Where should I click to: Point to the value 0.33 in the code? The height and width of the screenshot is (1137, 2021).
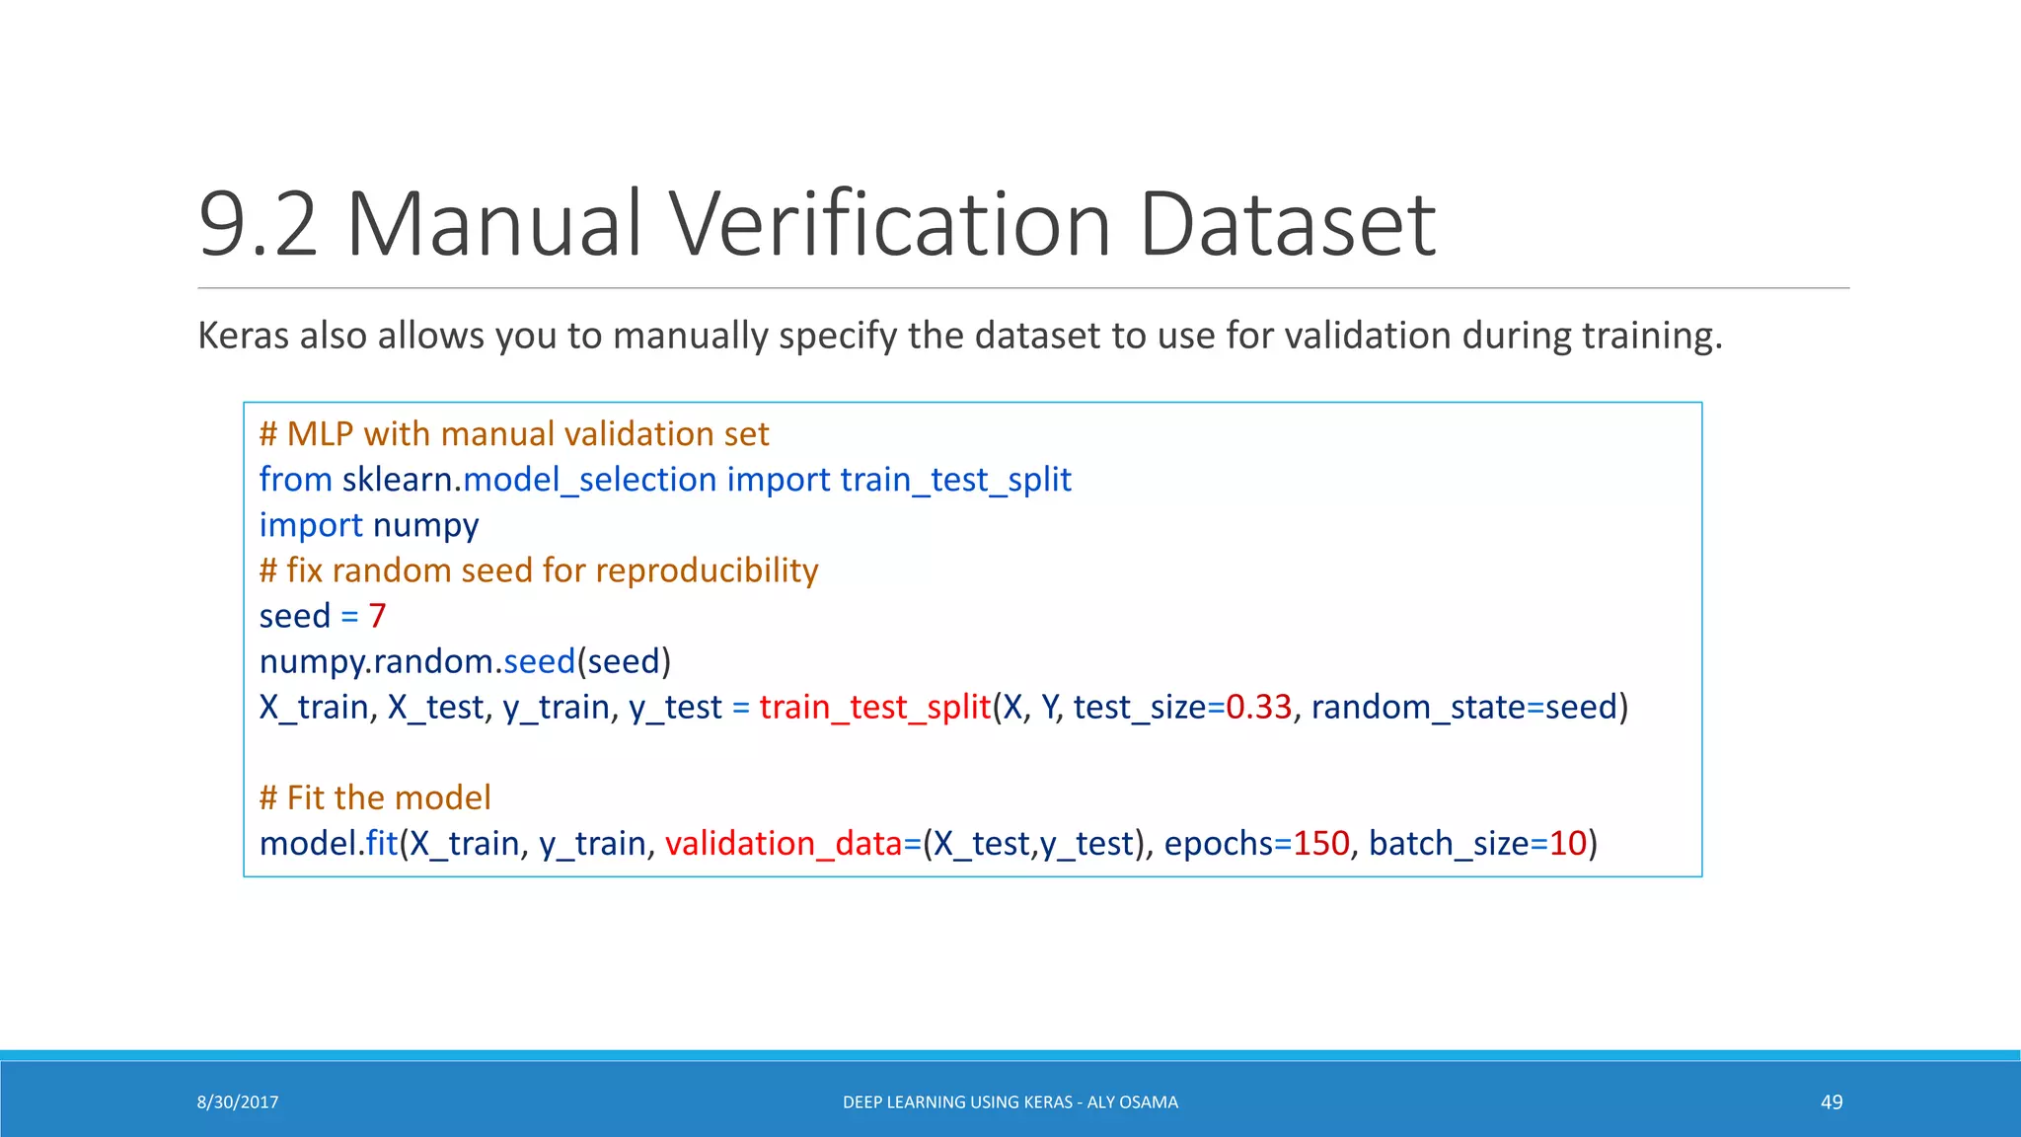1258,707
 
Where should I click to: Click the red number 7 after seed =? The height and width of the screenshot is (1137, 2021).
377,616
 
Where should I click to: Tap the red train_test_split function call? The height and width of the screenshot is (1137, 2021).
874,707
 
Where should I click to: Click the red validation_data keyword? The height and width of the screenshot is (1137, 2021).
784,844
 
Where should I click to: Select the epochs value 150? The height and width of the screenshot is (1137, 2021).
1320,844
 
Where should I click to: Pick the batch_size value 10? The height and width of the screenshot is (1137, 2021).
1567,844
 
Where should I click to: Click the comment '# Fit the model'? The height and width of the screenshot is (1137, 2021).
375,797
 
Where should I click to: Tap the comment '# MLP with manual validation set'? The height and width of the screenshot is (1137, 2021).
513,434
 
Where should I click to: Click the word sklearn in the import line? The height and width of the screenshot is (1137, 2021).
397,480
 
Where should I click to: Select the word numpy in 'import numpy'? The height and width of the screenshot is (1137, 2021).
425,525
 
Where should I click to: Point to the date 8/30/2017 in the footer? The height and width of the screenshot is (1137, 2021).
238,1102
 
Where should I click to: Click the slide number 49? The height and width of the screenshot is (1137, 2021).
1832,1102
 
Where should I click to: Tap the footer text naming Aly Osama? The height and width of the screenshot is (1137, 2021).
1010,1102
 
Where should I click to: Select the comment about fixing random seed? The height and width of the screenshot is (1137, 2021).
539,570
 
